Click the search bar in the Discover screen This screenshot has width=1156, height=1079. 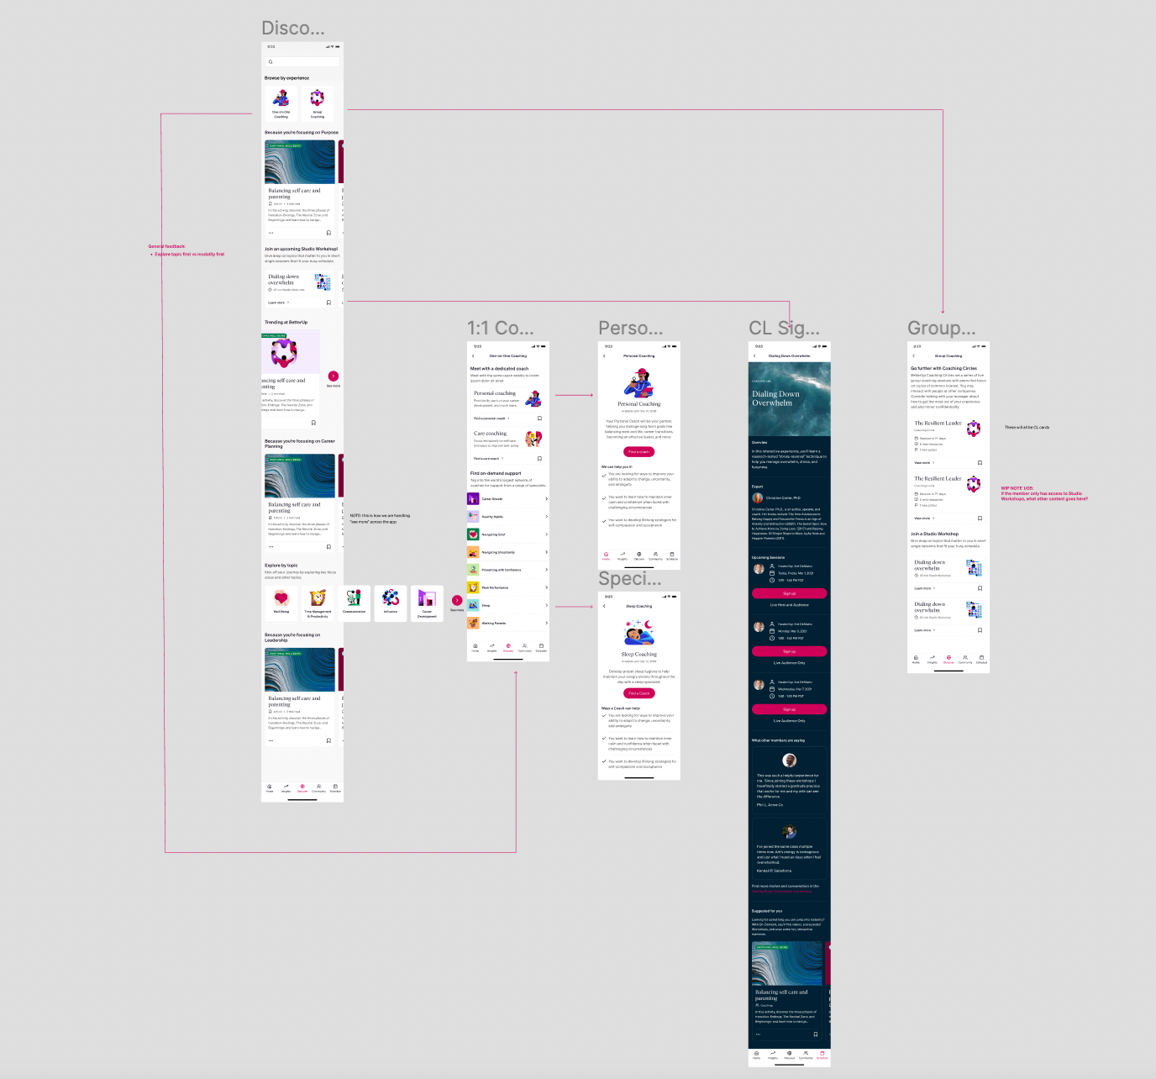(x=302, y=62)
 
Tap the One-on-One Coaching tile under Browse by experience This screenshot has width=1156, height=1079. (x=281, y=103)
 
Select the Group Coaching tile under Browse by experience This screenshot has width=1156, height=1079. (x=318, y=103)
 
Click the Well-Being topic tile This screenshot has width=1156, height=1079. (x=281, y=603)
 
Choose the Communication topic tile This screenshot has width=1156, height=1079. (x=354, y=603)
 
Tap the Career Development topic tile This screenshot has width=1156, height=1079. (x=427, y=603)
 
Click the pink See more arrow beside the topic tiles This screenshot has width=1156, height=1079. (x=457, y=600)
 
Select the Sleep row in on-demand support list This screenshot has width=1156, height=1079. (x=507, y=605)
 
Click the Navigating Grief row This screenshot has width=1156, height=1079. (x=507, y=534)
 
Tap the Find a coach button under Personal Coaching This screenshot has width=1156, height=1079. (x=639, y=452)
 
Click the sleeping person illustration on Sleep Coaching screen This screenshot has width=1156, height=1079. (x=639, y=632)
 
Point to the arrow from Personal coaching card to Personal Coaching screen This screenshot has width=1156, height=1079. (x=575, y=395)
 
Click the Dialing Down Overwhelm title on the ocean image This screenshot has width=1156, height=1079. (x=775, y=398)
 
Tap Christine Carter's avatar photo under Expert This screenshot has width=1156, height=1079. (x=758, y=498)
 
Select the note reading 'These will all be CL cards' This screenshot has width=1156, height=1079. (x=1027, y=427)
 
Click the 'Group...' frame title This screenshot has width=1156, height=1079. (x=941, y=329)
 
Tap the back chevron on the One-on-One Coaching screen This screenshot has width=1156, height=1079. (x=473, y=356)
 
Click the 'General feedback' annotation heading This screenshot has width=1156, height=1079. (x=167, y=246)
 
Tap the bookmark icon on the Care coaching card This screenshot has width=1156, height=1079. (x=539, y=459)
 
